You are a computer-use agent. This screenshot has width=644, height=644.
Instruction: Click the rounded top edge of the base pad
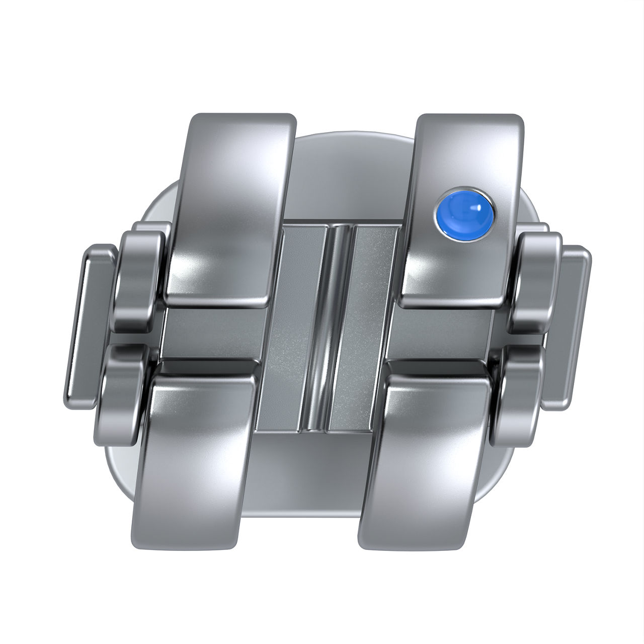(x=352, y=138)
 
